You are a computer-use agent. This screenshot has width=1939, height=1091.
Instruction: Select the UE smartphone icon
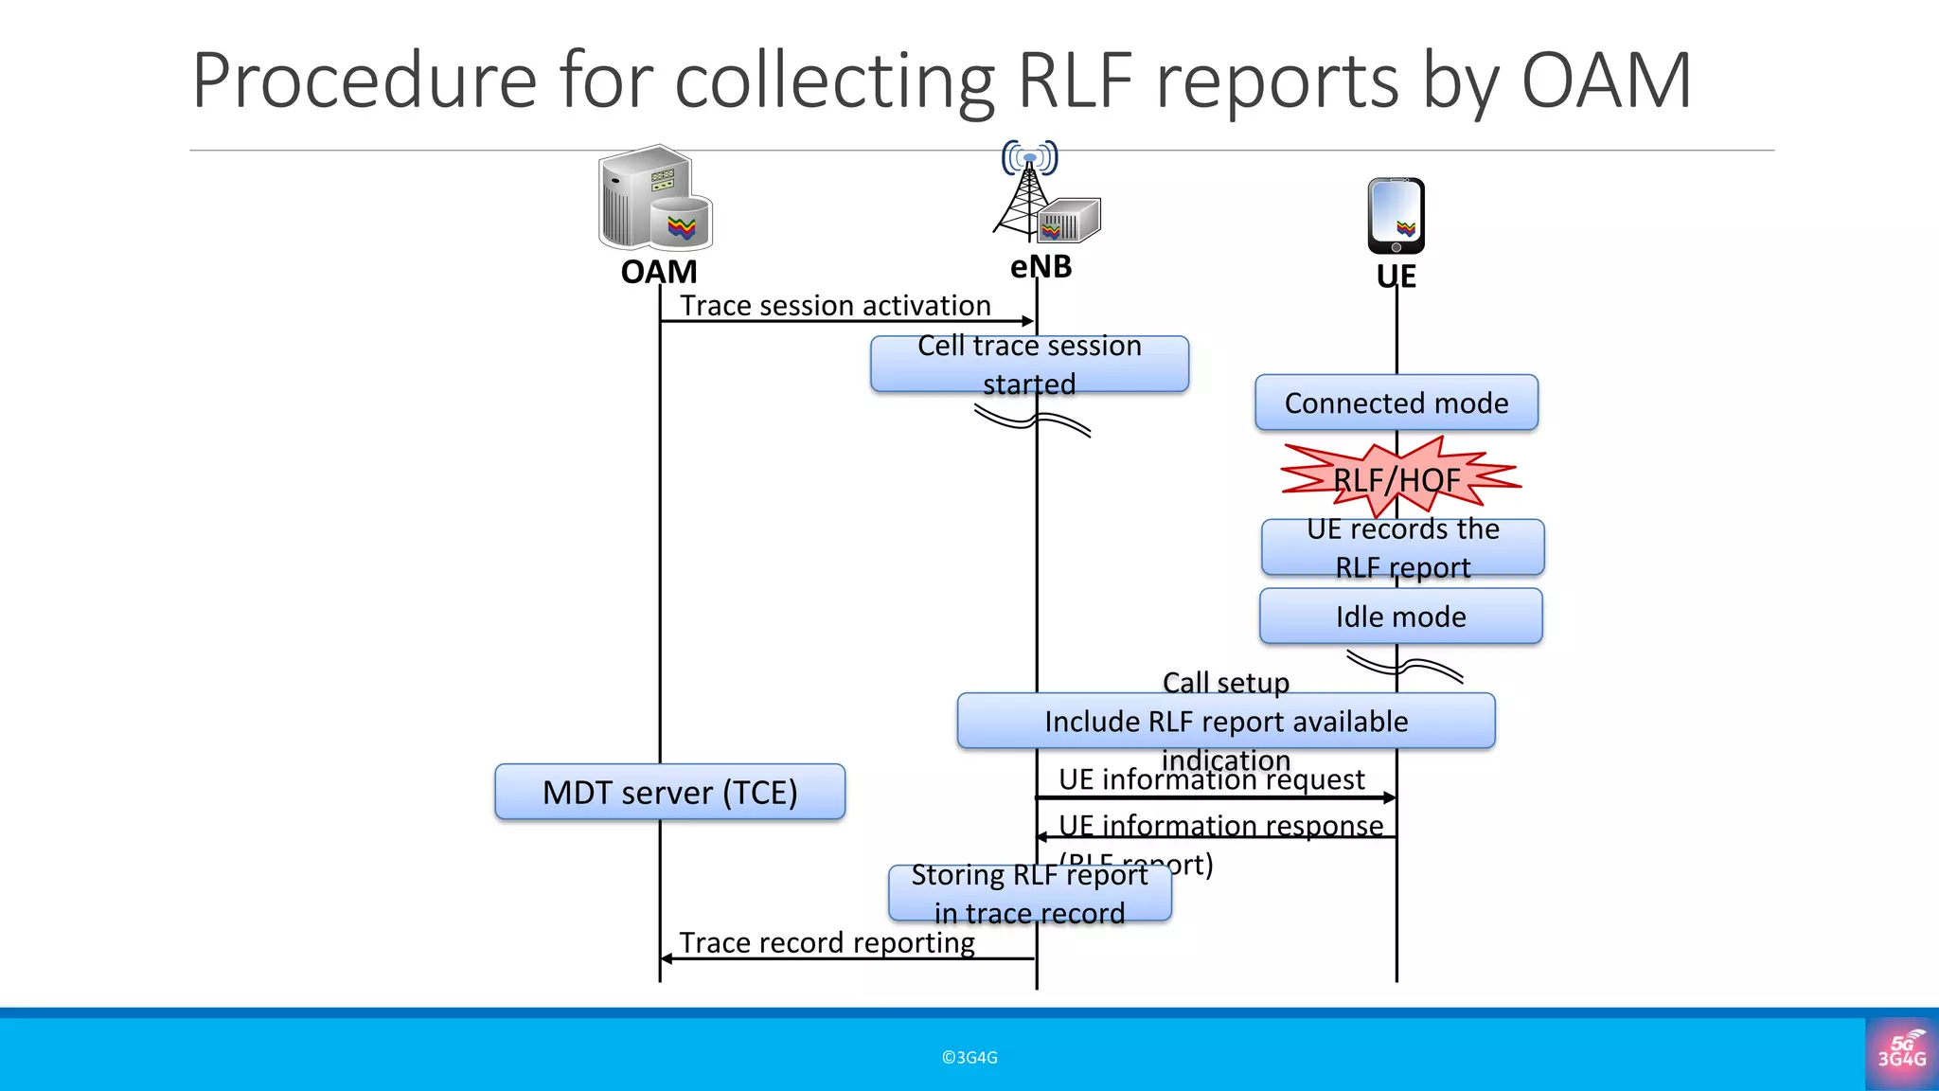click(x=1396, y=216)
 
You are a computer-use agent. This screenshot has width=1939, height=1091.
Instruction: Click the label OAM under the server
click(x=659, y=272)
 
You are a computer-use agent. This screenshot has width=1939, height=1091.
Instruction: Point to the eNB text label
click(x=1041, y=267)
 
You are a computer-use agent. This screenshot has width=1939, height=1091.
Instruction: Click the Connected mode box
click(x=1396, y=403)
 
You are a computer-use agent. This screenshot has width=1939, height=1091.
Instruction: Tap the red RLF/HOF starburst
click(x=1397, y=478)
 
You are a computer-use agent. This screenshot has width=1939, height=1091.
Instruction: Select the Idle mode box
click(x=1400, y=617)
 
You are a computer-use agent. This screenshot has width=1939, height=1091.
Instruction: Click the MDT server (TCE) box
click(x=669, y=792)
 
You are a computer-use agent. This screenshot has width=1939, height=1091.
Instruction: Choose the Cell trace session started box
click(x=1028, y=365)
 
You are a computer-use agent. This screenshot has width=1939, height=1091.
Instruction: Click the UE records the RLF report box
click(x=1402, y=547)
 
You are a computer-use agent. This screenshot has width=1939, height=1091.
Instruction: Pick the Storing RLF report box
click(x=1029, y=893)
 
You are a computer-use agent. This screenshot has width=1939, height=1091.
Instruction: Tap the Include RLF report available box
click(x=1225, y=722)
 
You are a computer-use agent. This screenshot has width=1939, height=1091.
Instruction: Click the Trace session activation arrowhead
click(x=1028, y=321)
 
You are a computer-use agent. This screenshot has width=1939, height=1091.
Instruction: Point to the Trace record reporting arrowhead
click(x=667, y=958)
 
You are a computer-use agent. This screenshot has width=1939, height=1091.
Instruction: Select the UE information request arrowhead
click(x=1390, y=797)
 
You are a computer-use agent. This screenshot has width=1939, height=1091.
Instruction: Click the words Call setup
click(x=1225, y=682)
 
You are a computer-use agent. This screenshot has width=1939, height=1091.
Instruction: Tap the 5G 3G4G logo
click(x=1901, y=1053)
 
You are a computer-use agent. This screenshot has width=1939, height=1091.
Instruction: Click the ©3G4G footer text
click(x=969, y=1057)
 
